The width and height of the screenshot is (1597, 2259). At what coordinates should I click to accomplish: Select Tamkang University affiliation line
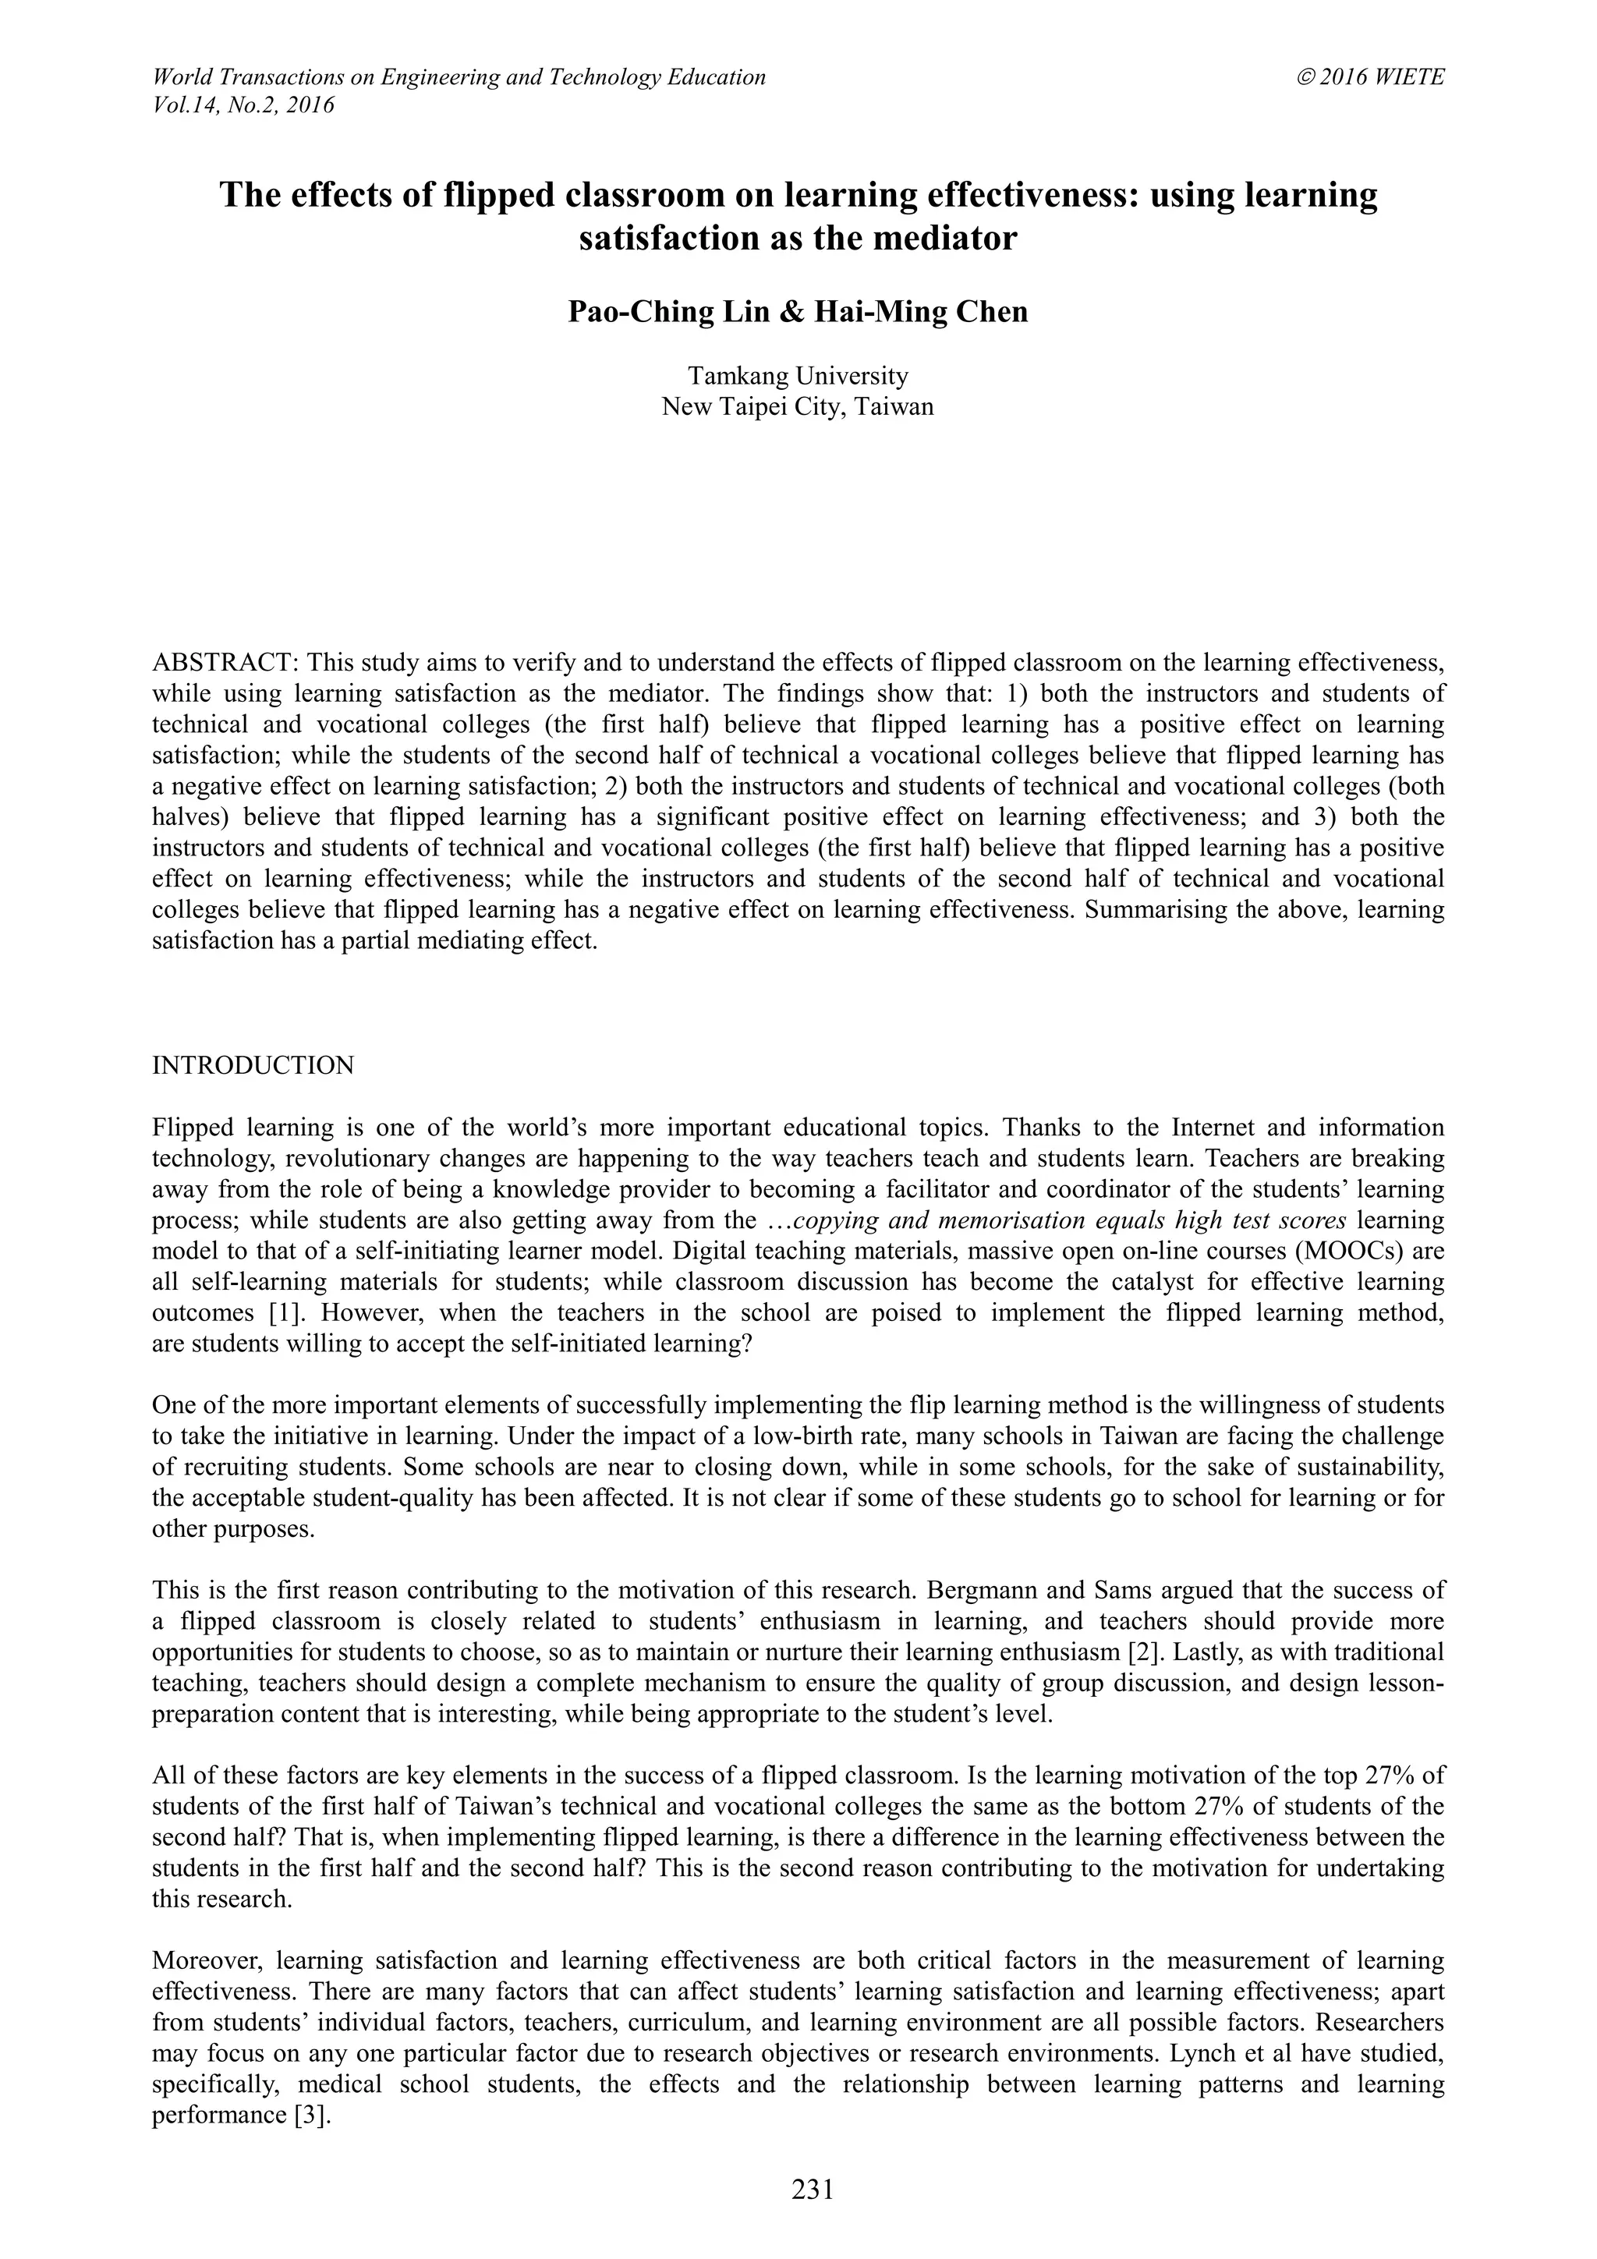[798, 376]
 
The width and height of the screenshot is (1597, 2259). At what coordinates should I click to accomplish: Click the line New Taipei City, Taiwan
[798, 406]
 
